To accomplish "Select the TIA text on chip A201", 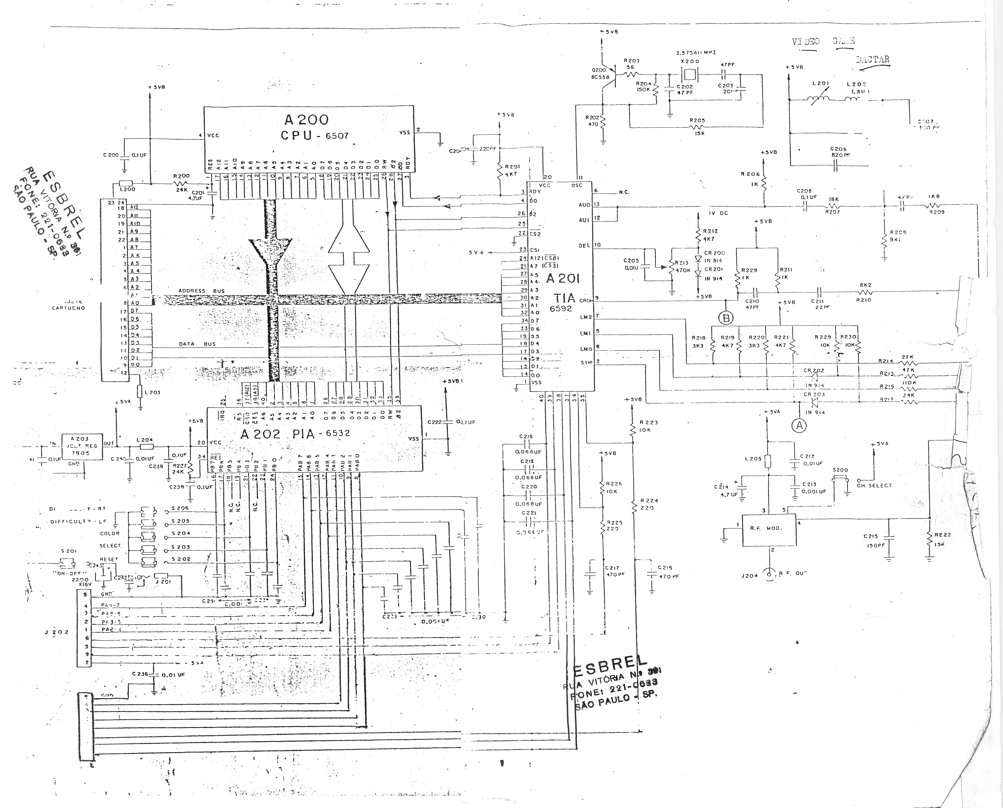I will point(564,298).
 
